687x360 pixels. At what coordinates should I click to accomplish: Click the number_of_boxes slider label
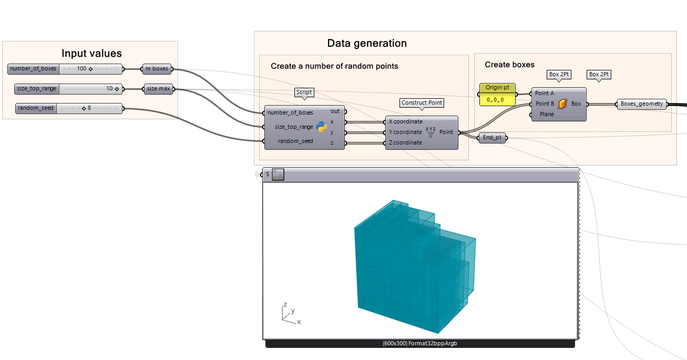click(x=33, y=69)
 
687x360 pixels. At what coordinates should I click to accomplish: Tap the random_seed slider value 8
click(x=89, y=108)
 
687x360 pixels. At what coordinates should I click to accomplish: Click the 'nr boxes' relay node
click(x=158, y=69)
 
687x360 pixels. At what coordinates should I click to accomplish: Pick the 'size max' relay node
click(x=158, y=89)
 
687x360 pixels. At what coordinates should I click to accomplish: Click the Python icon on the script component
click(x=322, y=127)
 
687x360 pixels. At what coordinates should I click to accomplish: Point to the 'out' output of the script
click(x=335, y=111)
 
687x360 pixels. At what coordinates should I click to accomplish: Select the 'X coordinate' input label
click(x=405, y=121)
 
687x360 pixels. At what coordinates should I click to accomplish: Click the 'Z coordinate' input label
click(x=405, y=142)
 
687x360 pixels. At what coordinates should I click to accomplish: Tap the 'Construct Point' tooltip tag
click(x=422, y=102)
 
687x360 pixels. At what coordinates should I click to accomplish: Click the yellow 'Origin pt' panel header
click(x=497, y=88)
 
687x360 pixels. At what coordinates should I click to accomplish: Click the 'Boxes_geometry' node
click(x=641, y=104)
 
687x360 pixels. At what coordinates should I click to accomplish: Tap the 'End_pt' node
click(x=492, y=138)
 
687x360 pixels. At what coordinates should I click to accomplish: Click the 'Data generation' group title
click(x=367, y=43)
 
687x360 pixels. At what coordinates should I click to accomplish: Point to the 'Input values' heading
click(x=91, y=53)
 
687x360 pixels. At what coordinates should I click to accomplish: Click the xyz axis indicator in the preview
click(x=289, y=313)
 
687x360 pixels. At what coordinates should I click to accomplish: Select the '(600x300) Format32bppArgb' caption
click(x=419, y=343)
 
